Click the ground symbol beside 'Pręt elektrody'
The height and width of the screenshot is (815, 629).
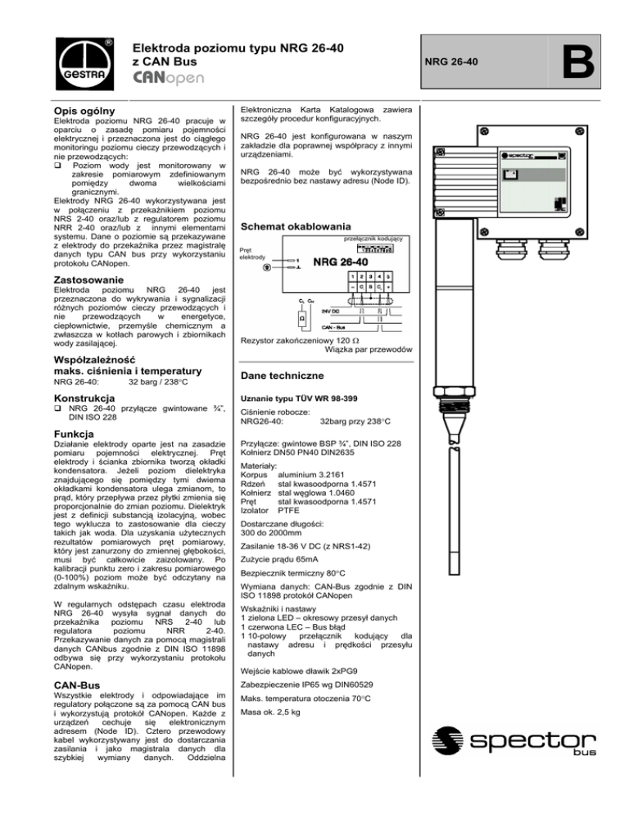click(265, 266)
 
